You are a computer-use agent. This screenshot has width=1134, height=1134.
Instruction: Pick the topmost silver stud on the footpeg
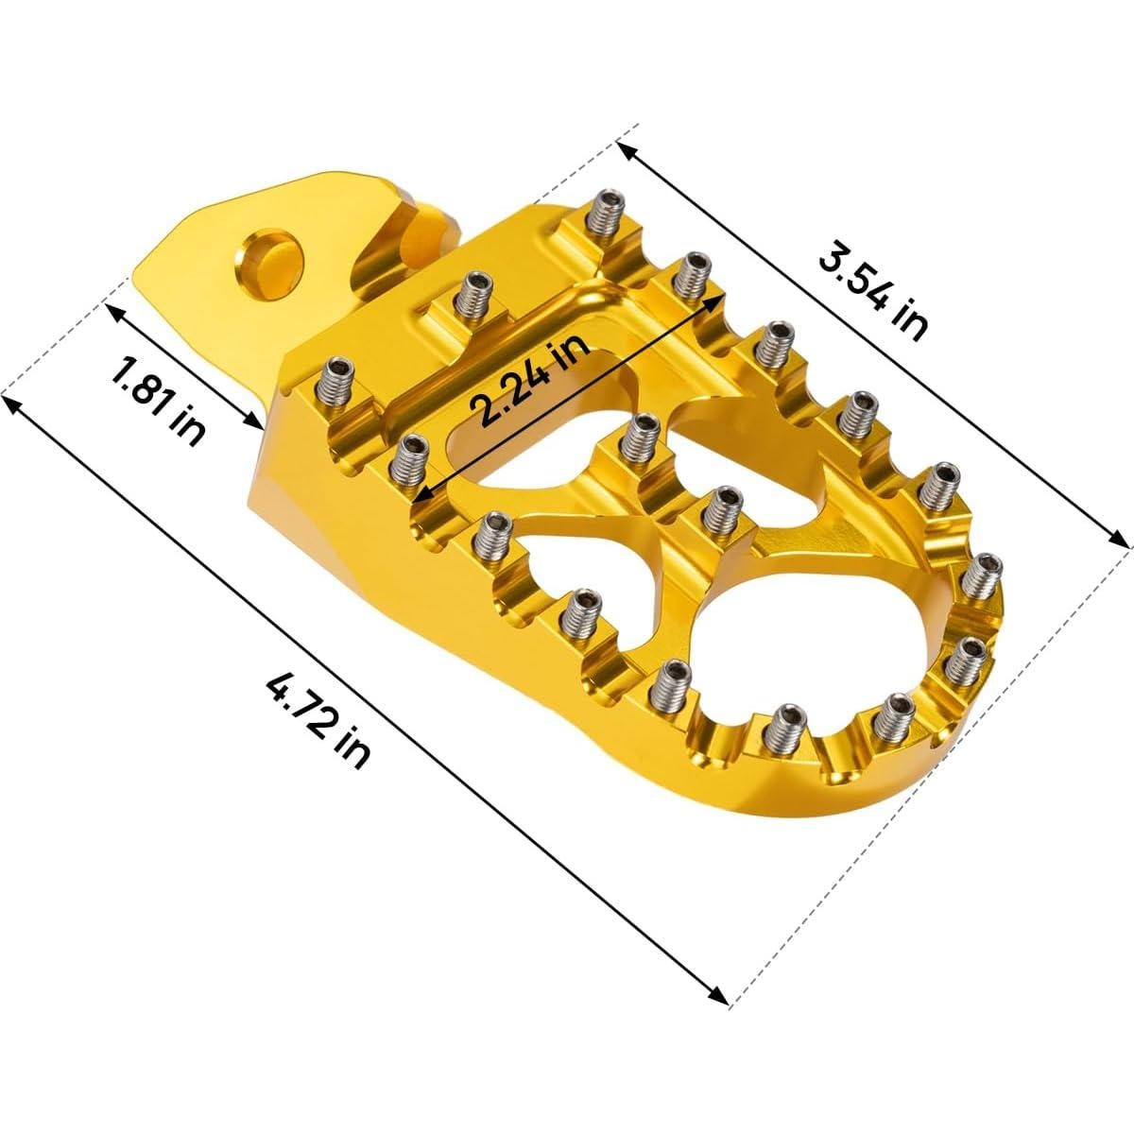602,216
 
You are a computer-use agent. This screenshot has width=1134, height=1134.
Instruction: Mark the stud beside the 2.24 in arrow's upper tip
694,273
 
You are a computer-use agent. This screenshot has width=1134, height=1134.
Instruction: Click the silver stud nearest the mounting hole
469,298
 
